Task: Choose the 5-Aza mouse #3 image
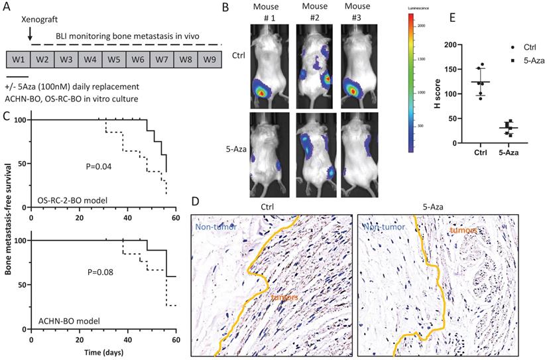click(x=358, y=154)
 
